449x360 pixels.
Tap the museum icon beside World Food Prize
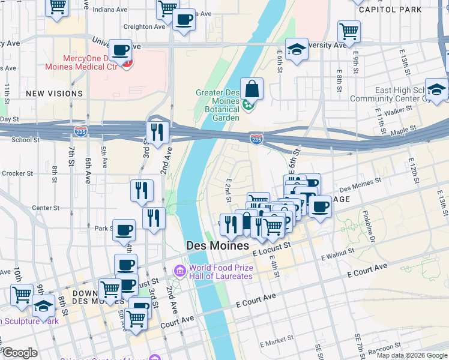click(x=179, y=272)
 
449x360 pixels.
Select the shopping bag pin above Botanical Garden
click(x=252, y=89)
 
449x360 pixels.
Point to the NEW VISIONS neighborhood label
click(x=54, y=94)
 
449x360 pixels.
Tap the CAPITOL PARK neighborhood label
click(x=382, y=10)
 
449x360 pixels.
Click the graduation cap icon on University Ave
click(x=297, y=50)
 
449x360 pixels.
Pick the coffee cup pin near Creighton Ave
click(x=184, y=20)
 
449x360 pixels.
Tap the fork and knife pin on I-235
click(x=157, y=132)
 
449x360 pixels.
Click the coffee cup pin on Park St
click(x=124, y=230)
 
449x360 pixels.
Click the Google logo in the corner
click(x=19, y=353)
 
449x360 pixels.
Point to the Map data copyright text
click(x=411, y=355)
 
